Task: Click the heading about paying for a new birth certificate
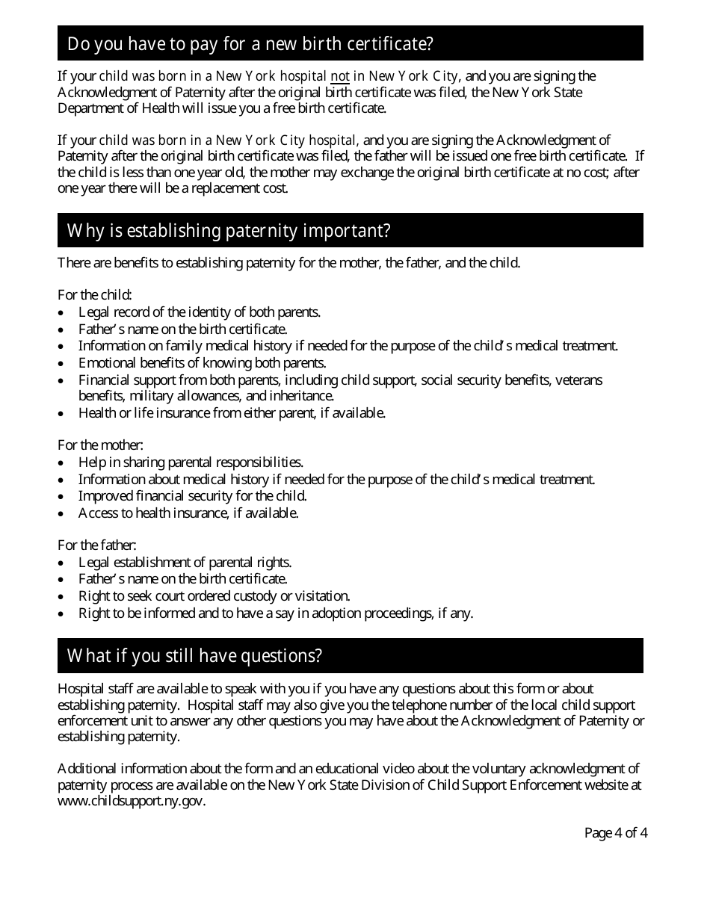pos(250,44)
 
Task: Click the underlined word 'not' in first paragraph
pos(340,76)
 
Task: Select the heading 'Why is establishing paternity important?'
pos(229,231)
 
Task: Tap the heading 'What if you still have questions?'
pos(194,656)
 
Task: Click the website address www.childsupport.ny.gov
pos(131,802)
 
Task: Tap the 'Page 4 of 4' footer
pos(615,832)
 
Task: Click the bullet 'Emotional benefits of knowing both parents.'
pos(202,363)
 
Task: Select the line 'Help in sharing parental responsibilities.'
pos(191,462)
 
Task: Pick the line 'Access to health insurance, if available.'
pos(188,513)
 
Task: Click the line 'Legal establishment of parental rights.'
pos(185,563)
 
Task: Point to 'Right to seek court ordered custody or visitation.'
pos(214,596)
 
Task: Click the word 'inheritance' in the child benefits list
pos(300,396)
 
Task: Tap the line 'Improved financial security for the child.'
pos(193,496)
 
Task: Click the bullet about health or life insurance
pos(232,413)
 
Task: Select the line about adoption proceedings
pos(276,613)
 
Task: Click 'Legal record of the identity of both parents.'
pos(200,312)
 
